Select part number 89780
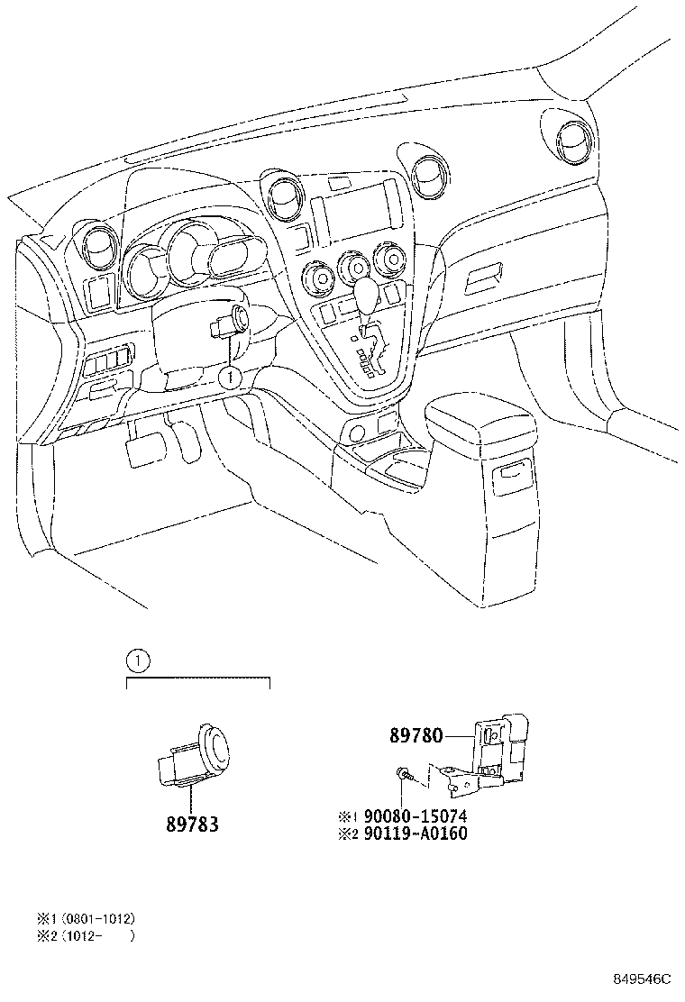[416, 735]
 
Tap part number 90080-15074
[416, 816]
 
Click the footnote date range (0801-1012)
[98, 918]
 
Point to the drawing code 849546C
[644, 979]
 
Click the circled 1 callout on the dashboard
[231, 378]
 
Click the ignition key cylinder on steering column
[240, 318]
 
